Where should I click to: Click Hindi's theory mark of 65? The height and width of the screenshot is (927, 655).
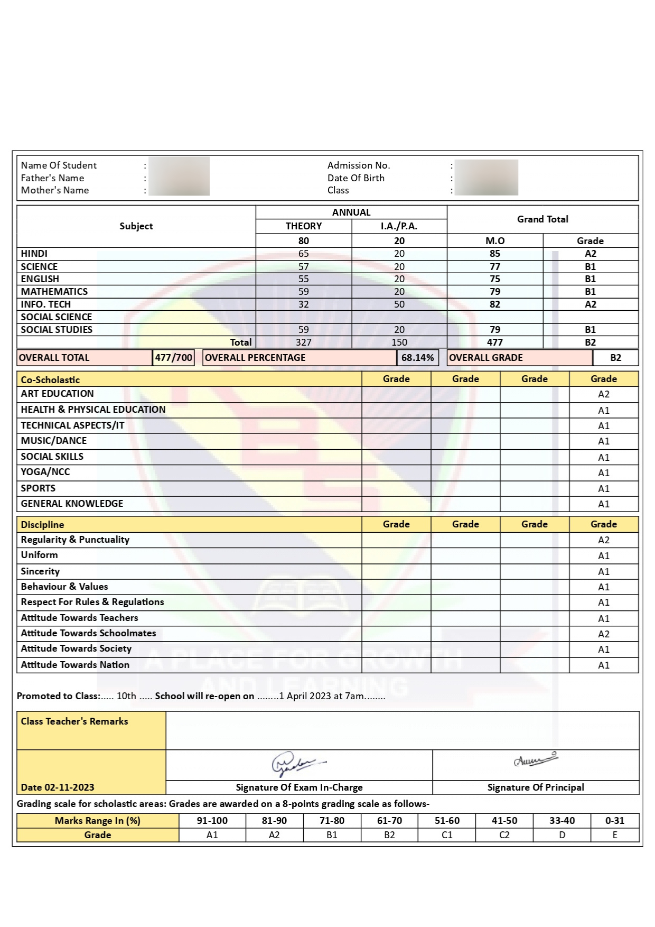[303, 254]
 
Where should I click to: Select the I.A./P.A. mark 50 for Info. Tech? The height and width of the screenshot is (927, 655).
[399, 304]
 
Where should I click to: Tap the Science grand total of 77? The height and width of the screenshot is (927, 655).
[494, 267]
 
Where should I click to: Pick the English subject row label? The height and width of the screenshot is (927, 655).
[40, 279]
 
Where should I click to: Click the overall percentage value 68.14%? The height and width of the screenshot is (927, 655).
[417, 358]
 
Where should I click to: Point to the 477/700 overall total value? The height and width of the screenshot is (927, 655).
[173, 358]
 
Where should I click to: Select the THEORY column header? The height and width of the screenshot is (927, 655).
[303, 226]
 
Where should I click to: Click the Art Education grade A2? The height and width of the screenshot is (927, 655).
[603, 394]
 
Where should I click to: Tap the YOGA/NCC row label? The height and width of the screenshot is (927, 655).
[45, 472]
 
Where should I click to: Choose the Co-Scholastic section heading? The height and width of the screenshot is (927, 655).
[50, 379]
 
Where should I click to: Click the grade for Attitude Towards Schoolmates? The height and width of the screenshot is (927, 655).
[603, 634]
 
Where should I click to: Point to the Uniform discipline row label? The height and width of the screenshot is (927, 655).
[40, 555]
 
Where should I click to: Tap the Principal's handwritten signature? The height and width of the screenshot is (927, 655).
[536, 760]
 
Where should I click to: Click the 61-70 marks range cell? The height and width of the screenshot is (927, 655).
[389, 821]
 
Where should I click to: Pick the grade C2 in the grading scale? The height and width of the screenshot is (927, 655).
[504, 835]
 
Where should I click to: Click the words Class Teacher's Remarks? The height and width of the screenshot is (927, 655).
[74, 721]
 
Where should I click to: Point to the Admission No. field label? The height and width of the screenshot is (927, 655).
[359, 165]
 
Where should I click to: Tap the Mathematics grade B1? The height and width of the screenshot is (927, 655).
[590, 292]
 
